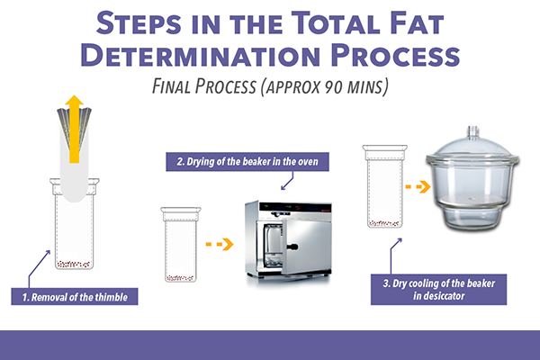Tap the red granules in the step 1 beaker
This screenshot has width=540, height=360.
click(x=76, y=264)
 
